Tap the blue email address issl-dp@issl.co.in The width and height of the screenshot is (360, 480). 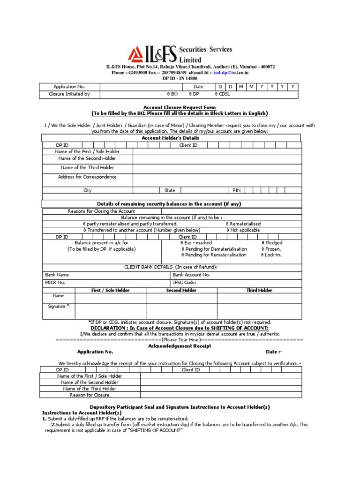point(231,73)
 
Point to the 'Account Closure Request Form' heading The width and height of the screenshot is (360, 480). point(180,107)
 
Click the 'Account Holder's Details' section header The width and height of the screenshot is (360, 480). point(170,138)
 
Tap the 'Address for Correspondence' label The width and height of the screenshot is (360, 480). point(87,177)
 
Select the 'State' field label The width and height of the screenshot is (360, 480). point(170,190)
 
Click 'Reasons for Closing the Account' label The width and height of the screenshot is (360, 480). point(101,211)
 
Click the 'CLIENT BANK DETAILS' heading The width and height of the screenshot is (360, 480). point(172,266)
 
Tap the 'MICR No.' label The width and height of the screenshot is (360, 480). point(55,282)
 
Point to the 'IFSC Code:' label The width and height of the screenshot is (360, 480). point(185,282)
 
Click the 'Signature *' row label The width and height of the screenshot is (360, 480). point(59,306)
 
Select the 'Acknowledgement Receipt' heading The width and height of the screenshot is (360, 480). point(180,345)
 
